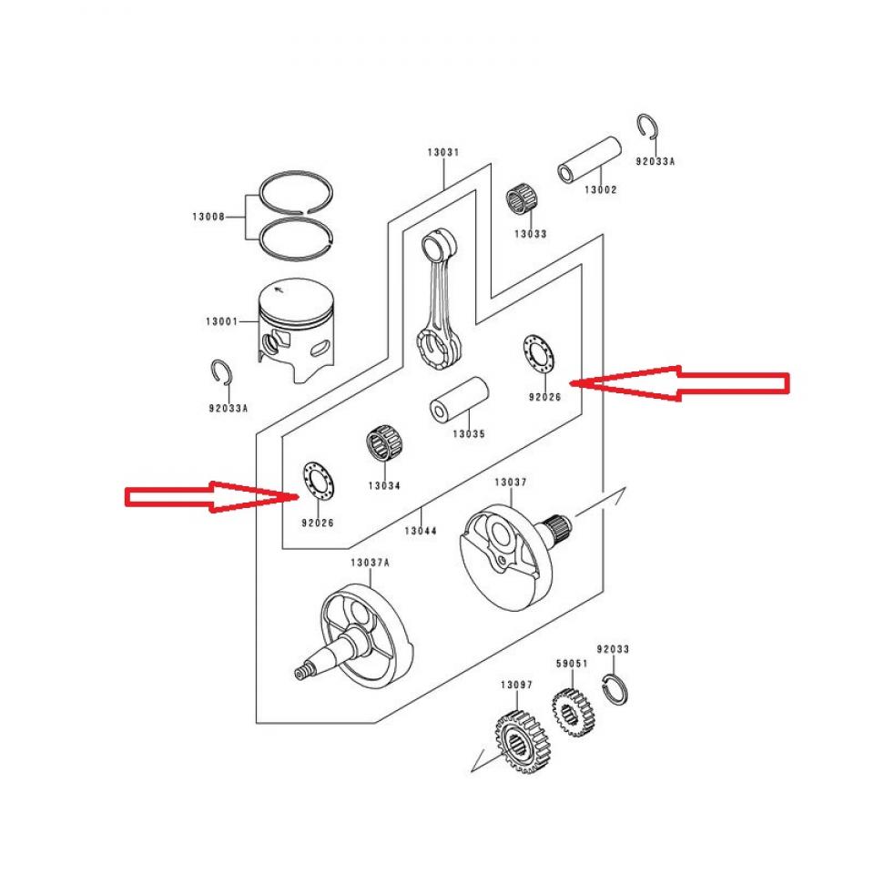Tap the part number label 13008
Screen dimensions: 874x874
click(208, 217)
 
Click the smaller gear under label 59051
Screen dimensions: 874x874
click(572, 707)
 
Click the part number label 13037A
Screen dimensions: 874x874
click(370, 563)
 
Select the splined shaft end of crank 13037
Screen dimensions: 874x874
click(558, 529)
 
